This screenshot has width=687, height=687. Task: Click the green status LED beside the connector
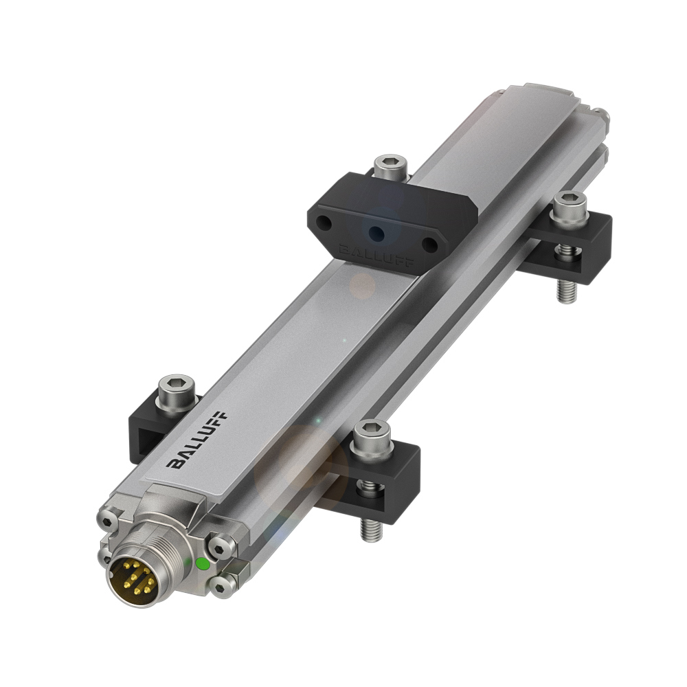[x=203, y=564]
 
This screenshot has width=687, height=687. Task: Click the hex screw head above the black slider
[x=390, y=164]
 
